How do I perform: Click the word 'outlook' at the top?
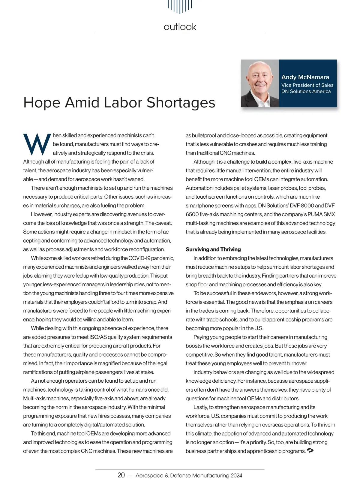180,27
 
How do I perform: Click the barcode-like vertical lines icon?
180,6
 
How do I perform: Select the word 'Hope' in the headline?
42,103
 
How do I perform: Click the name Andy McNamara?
305,77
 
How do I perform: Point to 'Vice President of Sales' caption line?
307,85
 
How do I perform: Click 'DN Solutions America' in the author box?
306,92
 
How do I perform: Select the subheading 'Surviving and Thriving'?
213,249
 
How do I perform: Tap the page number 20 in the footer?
121,475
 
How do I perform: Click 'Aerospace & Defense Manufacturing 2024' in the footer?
189,476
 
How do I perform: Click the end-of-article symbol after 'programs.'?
310,450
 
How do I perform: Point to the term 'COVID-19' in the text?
139,258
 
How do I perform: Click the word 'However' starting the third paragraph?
41,215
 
